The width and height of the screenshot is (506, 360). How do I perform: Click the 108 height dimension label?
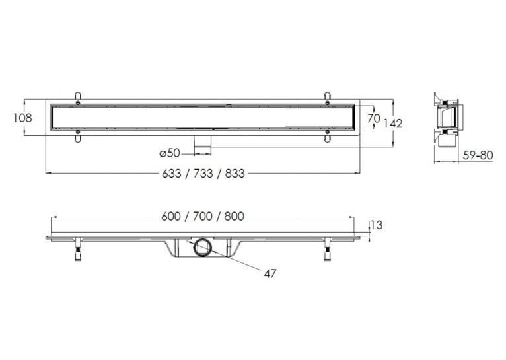(x=22, y=118)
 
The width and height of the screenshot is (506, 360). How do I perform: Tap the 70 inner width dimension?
(x=374, y=118)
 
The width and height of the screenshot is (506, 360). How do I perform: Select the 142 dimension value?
(x=393, y=124)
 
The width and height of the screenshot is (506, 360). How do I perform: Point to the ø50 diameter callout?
(x=170, y=153)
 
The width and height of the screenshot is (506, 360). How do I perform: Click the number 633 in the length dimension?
(x=171, y=174)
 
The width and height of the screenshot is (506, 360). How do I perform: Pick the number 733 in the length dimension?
(x=203, y=174)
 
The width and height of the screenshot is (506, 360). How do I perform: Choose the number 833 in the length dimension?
(x=235, y=174)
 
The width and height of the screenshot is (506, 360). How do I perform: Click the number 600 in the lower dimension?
(x=171, y=216)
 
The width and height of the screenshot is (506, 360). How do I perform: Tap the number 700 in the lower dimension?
(x=203, y=216)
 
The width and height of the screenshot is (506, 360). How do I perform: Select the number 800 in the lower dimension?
(x=235, y=216)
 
